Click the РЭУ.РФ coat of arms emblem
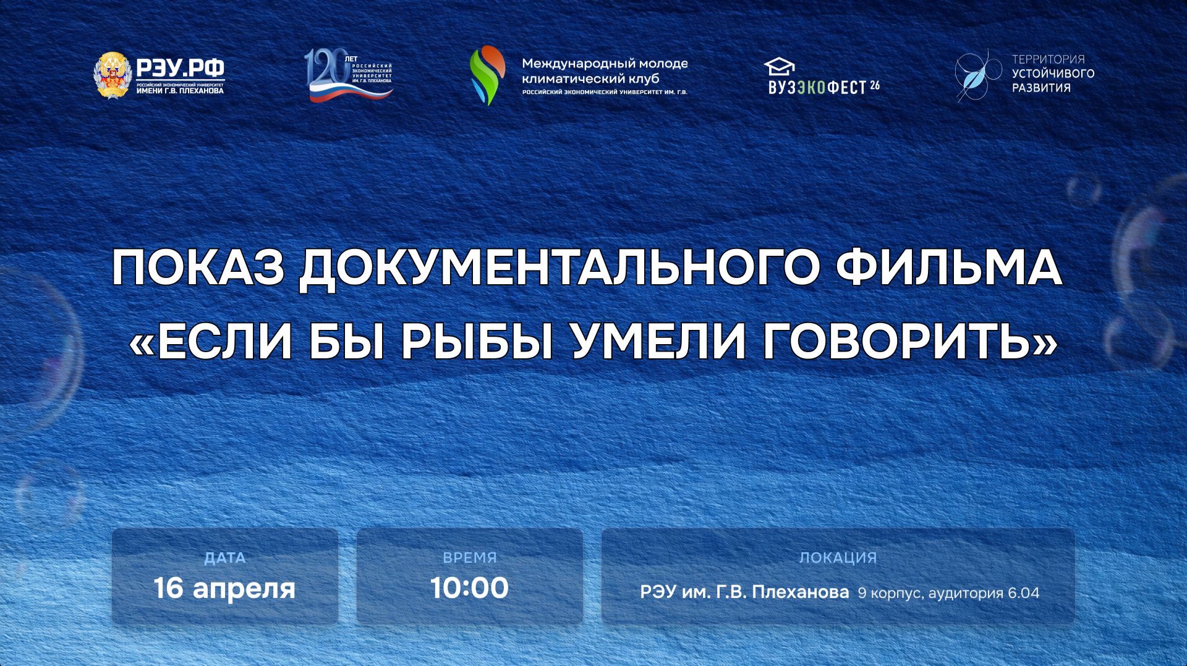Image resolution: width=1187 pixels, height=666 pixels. (x=113, y=75)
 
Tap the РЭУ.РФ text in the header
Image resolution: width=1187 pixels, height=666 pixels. (x=180, y=67)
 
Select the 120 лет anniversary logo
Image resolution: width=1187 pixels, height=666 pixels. (x=349, y=76)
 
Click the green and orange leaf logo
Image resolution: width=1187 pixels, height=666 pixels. (x=487, y=75)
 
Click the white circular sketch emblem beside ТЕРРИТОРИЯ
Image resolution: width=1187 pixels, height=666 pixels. (x=977, y=75)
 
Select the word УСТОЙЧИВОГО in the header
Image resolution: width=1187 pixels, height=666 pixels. (x=1053, y=74)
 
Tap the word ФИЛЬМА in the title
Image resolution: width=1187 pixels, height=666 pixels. (x=953, y=269)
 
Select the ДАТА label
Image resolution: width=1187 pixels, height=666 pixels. (x=225, y=558)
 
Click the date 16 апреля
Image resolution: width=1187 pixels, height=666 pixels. (x=224, y=588)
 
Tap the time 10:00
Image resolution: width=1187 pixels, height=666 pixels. (x=469, y=588)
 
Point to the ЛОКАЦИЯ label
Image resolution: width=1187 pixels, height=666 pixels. (x=838, y=558)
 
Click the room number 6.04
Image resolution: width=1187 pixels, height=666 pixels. (x=1023, y=593)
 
